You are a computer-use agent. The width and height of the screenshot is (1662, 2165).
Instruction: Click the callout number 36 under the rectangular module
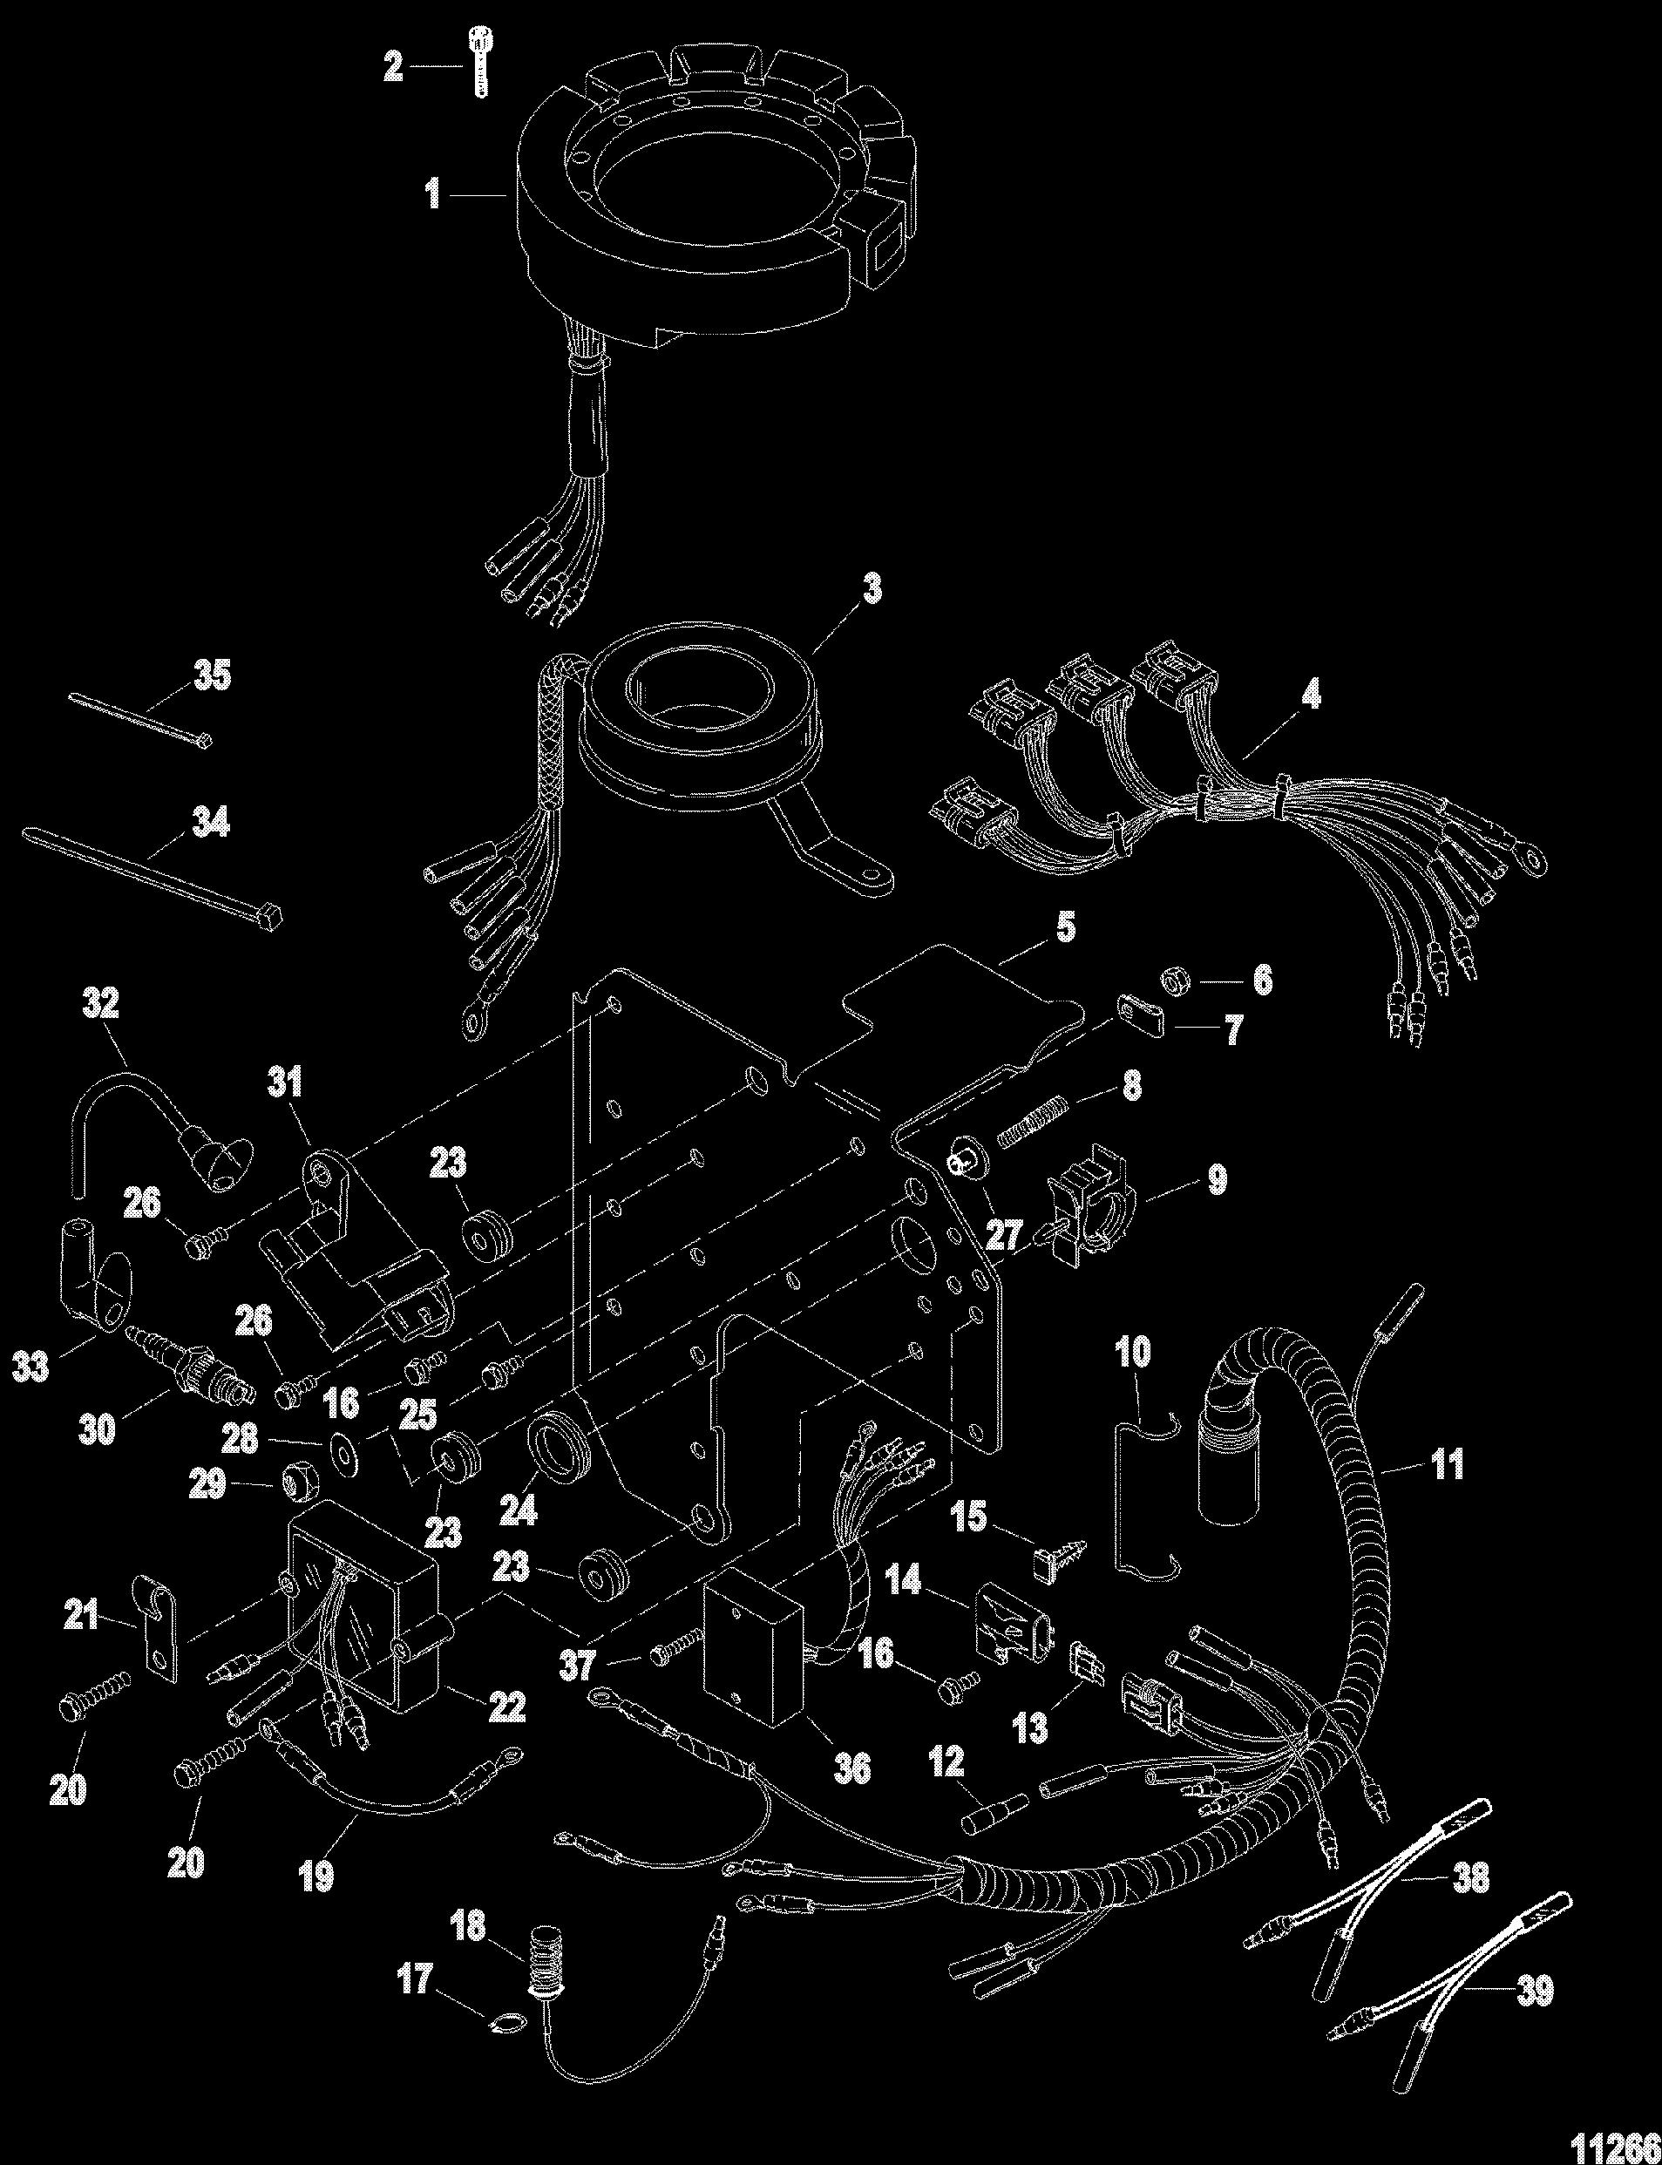(x=852, y=1768)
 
